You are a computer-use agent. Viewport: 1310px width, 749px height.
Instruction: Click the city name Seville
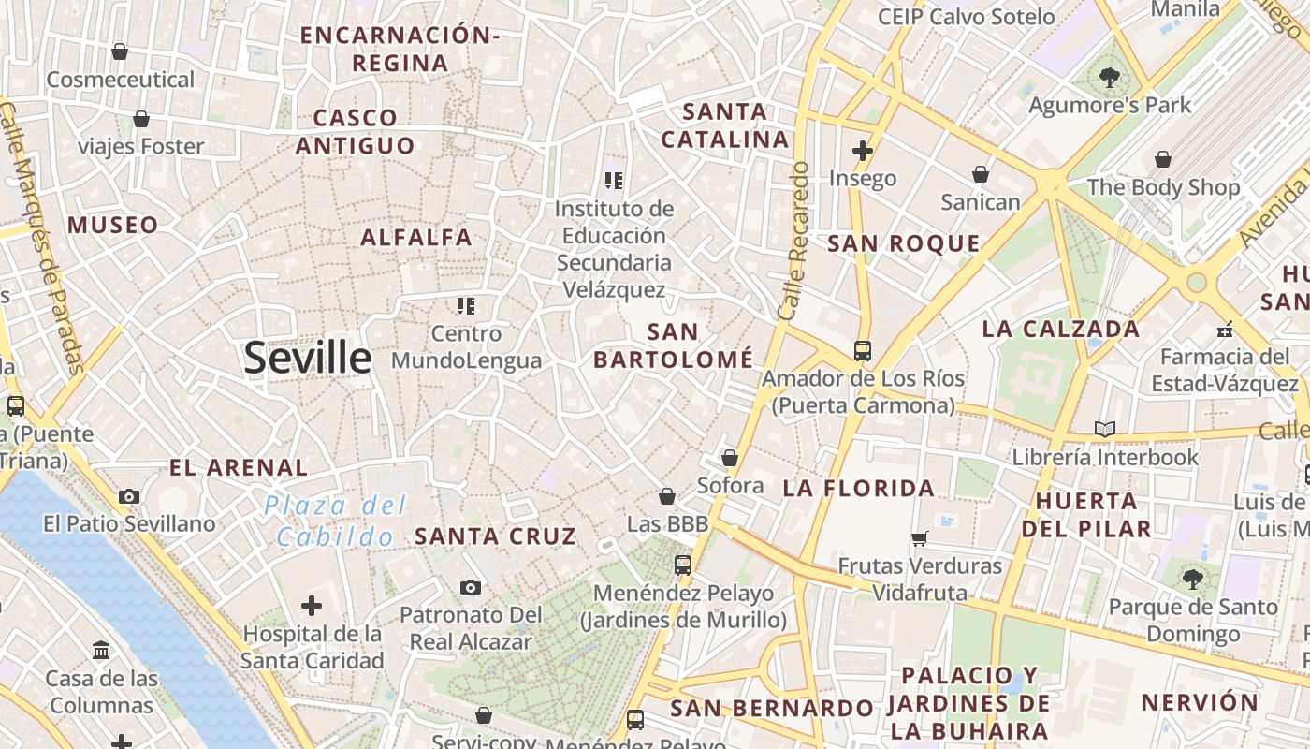[307, 358]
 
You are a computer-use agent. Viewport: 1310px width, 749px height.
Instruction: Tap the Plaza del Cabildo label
[336, 521]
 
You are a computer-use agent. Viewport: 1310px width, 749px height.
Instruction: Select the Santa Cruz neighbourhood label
[495, 536]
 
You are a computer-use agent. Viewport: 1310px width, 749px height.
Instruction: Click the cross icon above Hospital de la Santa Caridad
[312, 606]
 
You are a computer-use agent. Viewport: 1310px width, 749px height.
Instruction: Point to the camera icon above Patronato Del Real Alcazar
[471, 587]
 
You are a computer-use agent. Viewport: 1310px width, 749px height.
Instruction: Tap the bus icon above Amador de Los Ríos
[862, 351]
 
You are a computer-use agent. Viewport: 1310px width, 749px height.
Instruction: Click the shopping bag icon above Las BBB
[667, 496]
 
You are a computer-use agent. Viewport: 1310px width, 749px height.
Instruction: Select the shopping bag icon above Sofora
[730, 458]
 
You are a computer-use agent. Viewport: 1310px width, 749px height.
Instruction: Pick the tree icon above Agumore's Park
[1110, 77]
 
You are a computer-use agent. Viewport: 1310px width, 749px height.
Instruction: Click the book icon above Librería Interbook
[1105, 429]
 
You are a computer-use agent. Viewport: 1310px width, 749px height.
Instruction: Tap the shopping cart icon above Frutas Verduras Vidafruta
[920, 538]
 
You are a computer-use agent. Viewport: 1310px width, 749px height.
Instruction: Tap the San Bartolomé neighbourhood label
[673, 345]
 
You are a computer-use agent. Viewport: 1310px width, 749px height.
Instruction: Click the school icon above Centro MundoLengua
[466, 305]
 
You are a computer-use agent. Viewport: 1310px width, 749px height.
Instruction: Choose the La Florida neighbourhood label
[858, 488]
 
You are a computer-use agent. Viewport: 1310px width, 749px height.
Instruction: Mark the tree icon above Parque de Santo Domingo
[1192, 579]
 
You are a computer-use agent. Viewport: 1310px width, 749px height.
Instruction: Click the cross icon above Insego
[862, 150]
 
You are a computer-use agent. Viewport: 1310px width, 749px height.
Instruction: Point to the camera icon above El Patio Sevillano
[129, 496]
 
